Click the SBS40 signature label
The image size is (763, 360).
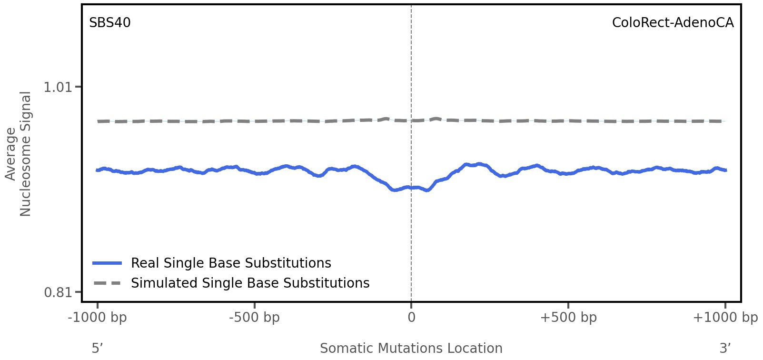[x=110, y=23]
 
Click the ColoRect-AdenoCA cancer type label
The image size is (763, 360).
[x=673, y=23]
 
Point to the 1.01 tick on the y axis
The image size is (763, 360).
[x=57, y=87]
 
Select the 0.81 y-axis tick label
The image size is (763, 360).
[x=57, y=292]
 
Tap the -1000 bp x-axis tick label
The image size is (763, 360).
[x=98, y=318]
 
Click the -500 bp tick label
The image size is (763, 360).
[x=255, y=318]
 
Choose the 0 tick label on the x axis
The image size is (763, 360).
[x=411, y=318]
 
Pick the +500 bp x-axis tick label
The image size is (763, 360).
[x=568, y=318]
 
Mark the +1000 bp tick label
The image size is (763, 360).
[x=725, y=318]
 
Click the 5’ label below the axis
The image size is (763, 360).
[x=98, y=348]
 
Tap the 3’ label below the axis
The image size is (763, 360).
[x=725, y=348]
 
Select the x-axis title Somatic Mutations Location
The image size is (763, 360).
[x=411, y=348]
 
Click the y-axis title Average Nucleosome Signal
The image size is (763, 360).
[x=18, y=154]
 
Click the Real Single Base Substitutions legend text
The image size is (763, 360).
[x=231, y=263]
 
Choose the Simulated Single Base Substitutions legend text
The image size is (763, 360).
[x=250, y=283]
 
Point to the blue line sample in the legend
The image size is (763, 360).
[x=108, y=263]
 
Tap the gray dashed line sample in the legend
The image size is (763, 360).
[x=108, y=283]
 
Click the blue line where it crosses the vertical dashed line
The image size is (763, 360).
[x=411, y=188]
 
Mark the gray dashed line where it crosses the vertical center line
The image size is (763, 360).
[x=411, y=120]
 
